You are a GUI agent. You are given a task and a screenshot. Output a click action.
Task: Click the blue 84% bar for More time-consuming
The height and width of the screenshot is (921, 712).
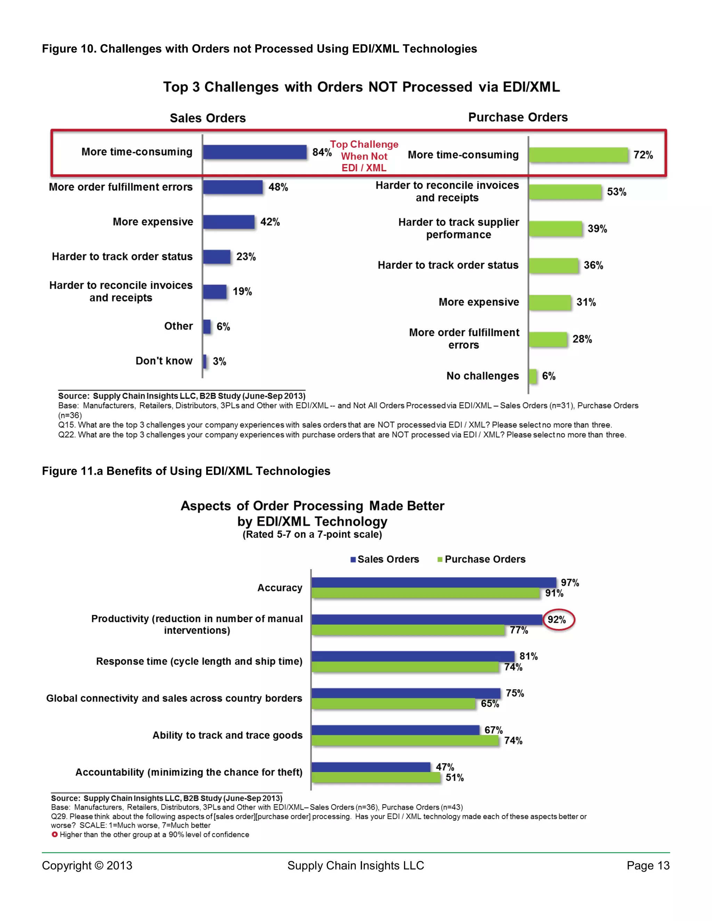click(255, 152)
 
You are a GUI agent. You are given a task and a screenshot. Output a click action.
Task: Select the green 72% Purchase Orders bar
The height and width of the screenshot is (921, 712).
click(578, 155)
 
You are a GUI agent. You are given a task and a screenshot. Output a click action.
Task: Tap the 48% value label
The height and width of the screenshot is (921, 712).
click(278, 187)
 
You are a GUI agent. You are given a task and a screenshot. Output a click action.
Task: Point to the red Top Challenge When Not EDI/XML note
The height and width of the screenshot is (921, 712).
click(364, 156)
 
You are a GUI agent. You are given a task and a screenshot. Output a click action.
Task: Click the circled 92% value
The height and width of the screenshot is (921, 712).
click(558, 619)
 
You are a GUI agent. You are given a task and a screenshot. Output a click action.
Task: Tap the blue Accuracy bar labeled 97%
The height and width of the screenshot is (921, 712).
click(434, 582)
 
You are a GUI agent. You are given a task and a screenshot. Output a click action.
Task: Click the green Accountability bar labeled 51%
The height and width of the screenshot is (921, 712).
click(375, 777)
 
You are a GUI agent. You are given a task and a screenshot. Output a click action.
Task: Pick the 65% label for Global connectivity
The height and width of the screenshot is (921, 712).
click(490, 704)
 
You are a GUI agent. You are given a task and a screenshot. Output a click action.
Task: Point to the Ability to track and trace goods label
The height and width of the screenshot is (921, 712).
click(227, 735)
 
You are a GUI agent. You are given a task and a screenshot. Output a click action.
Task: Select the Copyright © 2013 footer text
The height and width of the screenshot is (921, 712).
click(87, 866)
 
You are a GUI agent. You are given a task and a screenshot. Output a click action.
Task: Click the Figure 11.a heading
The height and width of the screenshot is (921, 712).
click(186, 471)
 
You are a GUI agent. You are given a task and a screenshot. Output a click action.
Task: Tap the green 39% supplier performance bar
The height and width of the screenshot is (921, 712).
click(556, 229)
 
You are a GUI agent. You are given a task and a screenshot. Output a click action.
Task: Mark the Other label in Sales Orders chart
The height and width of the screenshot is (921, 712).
click(178, 326)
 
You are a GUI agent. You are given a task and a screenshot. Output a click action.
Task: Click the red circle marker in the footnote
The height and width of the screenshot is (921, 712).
click(55, 834)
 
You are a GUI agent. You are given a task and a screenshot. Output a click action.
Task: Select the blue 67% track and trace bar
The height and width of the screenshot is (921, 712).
click(395, 730)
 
